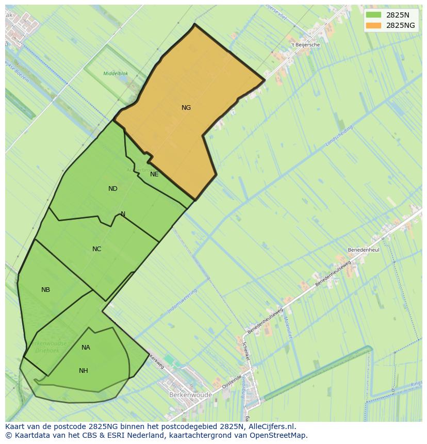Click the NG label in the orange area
[186, 108]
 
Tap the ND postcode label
[113, 189]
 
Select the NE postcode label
[154, 174]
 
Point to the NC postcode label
[96, 249]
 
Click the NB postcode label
[46, 290]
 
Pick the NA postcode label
[86, 348]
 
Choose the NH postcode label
[84, 371]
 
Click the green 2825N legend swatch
[374, 15]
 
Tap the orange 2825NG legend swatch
[374, 25]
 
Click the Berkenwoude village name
[190, 395]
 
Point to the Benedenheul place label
[364, 250]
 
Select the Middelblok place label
[116, 74]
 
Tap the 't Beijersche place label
[305, 45]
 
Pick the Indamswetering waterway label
[183, 301]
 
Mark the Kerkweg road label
[156, 361]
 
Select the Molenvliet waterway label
[287, 328]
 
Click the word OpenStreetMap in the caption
[281, 435]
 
